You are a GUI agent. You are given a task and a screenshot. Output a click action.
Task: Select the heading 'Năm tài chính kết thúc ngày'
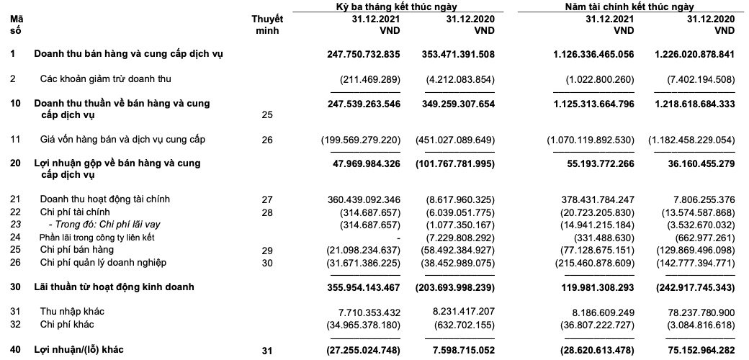(x=629, y=6)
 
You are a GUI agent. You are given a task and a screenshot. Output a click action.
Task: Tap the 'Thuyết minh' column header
(x=267, y=25)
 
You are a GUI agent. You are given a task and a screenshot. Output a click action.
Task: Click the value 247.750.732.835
(x=359, y=54)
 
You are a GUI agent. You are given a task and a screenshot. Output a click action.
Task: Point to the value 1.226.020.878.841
(x=695, y=54)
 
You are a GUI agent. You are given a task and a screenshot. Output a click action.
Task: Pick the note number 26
(x=267, y=140)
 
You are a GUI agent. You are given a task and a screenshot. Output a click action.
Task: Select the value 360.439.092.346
(x=359, y=199)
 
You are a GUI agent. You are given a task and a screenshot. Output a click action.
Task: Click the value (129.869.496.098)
(x=696, y=250)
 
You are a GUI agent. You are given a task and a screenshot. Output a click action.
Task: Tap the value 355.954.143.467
(x=359, y=287)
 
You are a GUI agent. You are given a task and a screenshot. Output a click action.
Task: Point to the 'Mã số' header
(x=16, y=25)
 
